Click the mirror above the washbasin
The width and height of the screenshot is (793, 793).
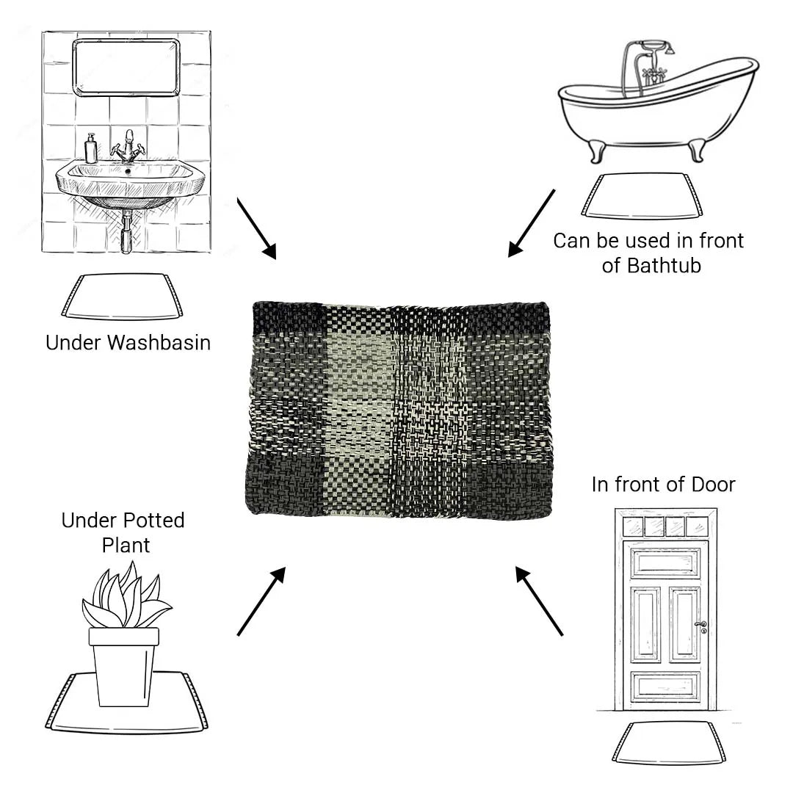pyautogui.click(x=126, y=67)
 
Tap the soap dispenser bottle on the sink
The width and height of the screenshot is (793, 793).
pyautogui.click(x=91, y=148)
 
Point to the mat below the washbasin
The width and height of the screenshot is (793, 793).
pyautogui.click(x=122, y=297)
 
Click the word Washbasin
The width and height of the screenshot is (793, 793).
pyautogui.click(x=159, y=343)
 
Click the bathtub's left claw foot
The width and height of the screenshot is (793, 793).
pyautogui.click(x=597, y=151)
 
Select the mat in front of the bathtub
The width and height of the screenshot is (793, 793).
pyautogui.click(x=642, y=196)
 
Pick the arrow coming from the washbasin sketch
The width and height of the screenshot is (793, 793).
pyautogui.click(x=257, y=228)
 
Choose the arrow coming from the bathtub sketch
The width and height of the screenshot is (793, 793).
pyautogui.click(x=532, y=223)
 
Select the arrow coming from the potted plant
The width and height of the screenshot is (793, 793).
pyautogui.click(x=261, y=601)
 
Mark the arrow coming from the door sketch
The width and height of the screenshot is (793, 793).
pyautogui.click(x=539, y=601)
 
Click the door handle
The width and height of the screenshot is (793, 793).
pyautogui.click(x=701, y=626)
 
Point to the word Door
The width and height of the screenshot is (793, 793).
pyautogui.click(x=713, y=485)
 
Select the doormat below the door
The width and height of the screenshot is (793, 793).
pyautogui.click(x=669, y=743)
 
